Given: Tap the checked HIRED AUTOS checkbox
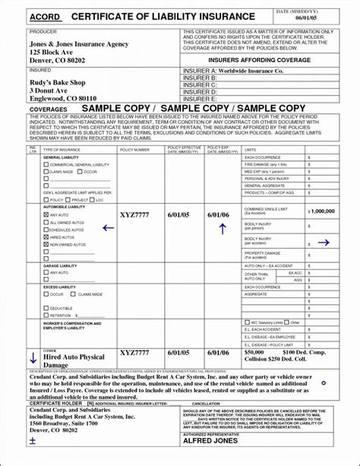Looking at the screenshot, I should coord(46,238).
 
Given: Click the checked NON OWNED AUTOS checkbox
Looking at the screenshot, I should coord(46,246).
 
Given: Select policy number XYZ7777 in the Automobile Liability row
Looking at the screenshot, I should coord(135,215).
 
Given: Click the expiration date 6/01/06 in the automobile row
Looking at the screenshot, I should coord(218,215).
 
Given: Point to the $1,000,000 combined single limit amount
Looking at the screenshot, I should coord(322,211).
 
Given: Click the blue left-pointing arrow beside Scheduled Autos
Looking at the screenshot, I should coord(108,227).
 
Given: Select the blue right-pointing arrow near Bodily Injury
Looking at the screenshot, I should coord(324,243).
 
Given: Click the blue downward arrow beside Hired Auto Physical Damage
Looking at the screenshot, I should coord(33,357).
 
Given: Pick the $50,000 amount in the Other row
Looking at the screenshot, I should coord(254,353).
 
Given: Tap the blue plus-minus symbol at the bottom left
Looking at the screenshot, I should coord(33,440).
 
